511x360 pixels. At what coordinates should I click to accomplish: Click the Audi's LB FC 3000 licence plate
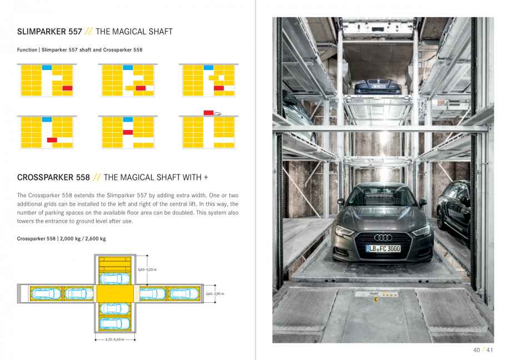point(383,248)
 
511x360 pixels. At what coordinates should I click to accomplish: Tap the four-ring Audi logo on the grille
point(383,237)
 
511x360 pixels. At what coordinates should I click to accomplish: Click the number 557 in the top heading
point(75,32)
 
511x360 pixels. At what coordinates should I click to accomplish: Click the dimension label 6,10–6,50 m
point(115,338)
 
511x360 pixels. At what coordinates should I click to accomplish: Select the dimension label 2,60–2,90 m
point(214,293)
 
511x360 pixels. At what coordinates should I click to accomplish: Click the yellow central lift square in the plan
point(115,293)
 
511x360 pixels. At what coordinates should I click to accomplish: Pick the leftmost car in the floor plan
point(46,293)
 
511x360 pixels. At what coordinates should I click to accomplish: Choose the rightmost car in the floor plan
point(182,293)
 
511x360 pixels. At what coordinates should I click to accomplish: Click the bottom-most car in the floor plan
point(115,323)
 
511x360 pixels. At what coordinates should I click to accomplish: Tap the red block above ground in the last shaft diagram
point(208,113)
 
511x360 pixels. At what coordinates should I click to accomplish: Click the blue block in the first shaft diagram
point(47,68)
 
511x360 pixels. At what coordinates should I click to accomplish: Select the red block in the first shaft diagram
point(67,88)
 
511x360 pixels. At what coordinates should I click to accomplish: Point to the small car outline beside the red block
point(218,113)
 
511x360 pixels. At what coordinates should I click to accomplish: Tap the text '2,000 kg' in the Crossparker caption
point(70,239)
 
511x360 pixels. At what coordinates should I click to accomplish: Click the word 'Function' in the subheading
point(27,50)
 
